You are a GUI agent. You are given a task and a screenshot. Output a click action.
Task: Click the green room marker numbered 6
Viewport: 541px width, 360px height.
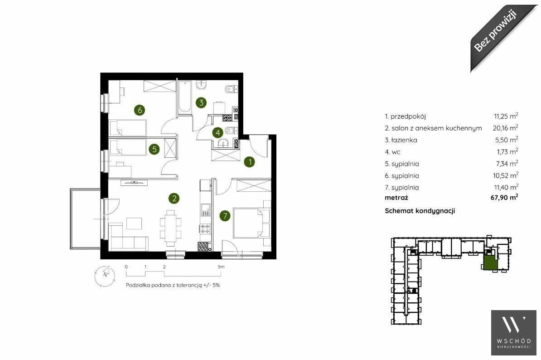(140, 110)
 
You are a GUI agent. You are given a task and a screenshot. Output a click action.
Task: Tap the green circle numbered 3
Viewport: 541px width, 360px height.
(201, 102)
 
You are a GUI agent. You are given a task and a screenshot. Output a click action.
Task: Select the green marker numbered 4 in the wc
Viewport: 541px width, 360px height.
(217, 132)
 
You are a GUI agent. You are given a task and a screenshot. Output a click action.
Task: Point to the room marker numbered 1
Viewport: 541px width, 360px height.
(250, 161)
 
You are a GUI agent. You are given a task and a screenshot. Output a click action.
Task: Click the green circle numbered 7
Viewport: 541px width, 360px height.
(225, 216)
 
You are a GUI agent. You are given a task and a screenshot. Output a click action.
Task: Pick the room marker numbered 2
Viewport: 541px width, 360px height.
(174, 198)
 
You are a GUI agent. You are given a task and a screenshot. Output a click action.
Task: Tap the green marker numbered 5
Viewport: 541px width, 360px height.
(154, 149)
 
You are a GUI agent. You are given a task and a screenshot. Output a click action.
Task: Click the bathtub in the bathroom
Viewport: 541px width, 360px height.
(184, 97)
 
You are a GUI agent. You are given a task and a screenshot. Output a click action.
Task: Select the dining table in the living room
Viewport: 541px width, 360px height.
(170, 226)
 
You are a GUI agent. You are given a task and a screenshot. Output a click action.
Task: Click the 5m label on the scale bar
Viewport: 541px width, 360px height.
(221, 267)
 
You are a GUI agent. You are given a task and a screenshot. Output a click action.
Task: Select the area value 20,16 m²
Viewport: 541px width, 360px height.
(505, 128)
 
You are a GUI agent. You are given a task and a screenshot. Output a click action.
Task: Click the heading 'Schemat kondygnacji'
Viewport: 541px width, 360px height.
(420, 211)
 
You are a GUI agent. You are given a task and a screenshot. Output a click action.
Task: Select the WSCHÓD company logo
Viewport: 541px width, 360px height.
(514, 332)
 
